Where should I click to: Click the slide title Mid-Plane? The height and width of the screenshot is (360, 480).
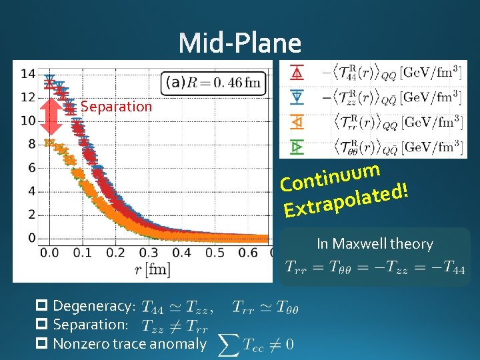click(x=240, y=44)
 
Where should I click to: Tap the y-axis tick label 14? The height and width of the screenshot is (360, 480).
click(x=27, y=74)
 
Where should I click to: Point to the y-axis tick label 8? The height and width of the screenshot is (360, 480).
click(x=31, y=144)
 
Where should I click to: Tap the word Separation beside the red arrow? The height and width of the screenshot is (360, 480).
click(x=116, y=107)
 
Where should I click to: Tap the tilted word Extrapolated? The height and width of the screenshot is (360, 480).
click(x=345, y=202)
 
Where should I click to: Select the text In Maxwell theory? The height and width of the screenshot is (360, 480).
click(x=375, y=244)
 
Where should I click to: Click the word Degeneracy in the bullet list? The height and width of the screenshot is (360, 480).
click(x=93, y=306)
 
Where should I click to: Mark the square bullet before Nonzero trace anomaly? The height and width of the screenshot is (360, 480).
click(x=41, y=344)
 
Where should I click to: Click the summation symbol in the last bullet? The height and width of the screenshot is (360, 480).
click(x=229, y=344)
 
